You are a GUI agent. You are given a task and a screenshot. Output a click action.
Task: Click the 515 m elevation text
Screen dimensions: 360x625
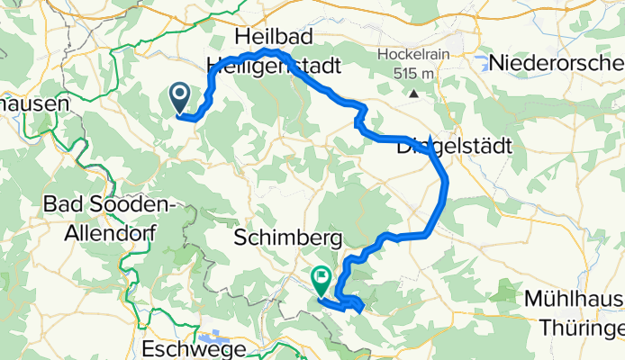pos(412,73)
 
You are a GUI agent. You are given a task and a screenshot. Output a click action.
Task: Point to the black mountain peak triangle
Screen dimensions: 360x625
pos(413,93)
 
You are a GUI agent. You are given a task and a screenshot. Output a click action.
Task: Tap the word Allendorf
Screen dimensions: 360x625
pos(111,233)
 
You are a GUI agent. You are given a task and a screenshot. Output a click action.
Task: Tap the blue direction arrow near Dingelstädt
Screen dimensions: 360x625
pos(431,140)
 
